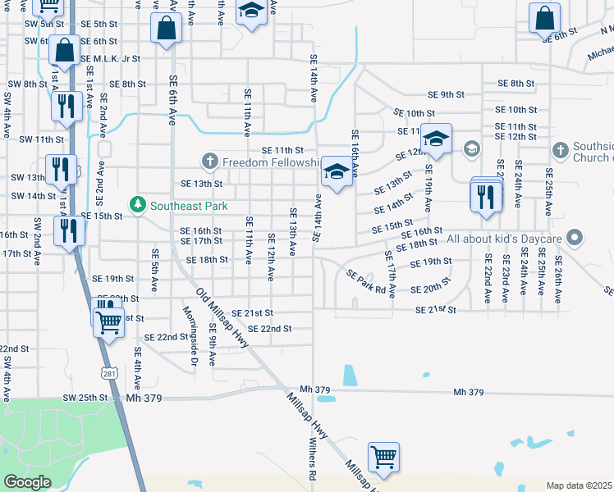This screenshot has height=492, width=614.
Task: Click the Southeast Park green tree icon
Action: [139, 203]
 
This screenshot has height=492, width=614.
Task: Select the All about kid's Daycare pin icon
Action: [575, 239]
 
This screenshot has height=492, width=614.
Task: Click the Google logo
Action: [27, 482]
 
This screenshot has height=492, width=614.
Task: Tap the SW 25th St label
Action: [85, 398]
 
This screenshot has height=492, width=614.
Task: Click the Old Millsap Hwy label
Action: [222, 318]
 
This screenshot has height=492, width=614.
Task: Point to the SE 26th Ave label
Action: [557, 280]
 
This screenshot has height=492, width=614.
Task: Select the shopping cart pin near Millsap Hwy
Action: [383, 458]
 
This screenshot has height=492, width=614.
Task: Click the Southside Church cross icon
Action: [560, 150]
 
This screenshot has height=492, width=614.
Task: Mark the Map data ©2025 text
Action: [580, 485]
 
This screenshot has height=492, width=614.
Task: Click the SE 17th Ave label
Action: [392, 275]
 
